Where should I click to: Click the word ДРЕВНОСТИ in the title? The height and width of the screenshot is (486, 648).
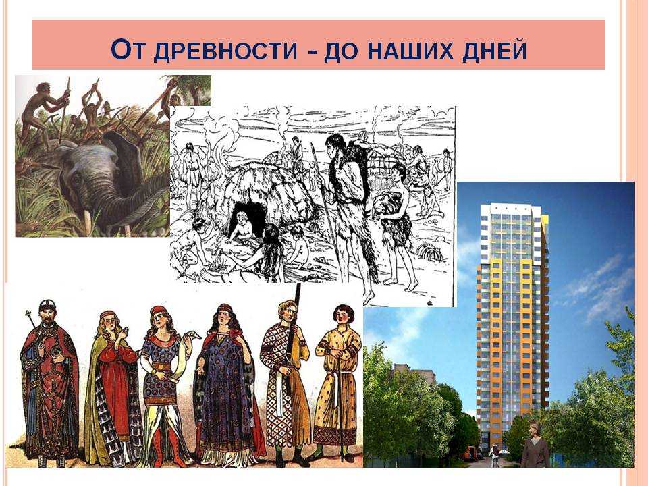pyautogui.click(x=225, y=51)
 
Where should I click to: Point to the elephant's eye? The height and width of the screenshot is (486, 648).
pyautogui.click(x=76, y=178)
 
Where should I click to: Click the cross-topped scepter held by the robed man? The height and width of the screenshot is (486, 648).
pyautogui.click(x=29, y=327)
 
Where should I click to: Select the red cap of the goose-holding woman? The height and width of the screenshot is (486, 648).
pyautogui.click(x=158, y=310)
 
